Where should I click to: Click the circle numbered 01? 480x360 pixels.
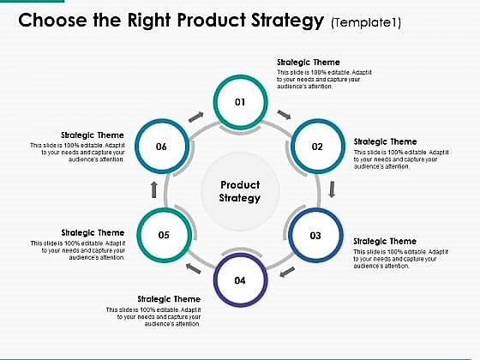[240, 102]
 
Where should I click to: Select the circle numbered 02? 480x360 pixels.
[317, 146]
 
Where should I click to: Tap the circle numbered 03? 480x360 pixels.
[315, 234]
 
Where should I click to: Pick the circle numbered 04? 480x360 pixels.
[240, 279]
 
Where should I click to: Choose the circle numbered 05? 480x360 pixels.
[163, 234]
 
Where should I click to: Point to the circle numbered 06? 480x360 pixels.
[161, 146]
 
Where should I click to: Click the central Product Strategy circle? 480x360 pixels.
[240, 191]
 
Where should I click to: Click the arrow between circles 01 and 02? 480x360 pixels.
[285, 114]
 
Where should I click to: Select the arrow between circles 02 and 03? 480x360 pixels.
[332, 189]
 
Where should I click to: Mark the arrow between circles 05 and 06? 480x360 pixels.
[154, 189]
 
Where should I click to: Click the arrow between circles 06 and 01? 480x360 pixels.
[196, 114]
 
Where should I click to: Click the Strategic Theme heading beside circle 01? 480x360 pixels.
[308, 63]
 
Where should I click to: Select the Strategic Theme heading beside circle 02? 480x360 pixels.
[385, 141]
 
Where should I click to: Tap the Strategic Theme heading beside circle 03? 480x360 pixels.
[385, 242]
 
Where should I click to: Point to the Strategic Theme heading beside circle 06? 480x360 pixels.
[93, 135]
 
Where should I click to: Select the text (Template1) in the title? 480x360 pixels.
[368, 20]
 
